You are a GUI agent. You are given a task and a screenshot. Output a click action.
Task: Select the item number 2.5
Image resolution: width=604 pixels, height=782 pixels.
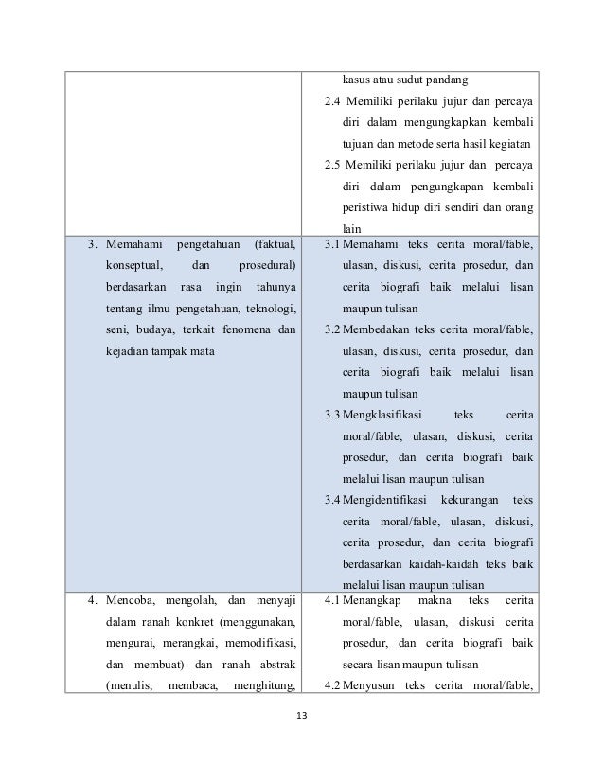(x=331, y=164)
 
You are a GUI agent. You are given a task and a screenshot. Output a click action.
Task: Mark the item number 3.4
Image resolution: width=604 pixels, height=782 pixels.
(x=331, y=499)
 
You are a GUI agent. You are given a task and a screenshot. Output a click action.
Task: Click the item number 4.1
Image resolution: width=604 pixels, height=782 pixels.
(x=331, y=600)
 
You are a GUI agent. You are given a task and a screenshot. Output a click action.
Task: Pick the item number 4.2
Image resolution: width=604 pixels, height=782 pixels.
(x=331, y=685)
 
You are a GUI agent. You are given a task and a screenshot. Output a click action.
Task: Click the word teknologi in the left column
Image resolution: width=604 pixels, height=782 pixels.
(x=267, y=308)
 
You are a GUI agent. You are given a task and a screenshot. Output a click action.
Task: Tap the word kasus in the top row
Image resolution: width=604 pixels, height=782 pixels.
(x=356, y=78)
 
